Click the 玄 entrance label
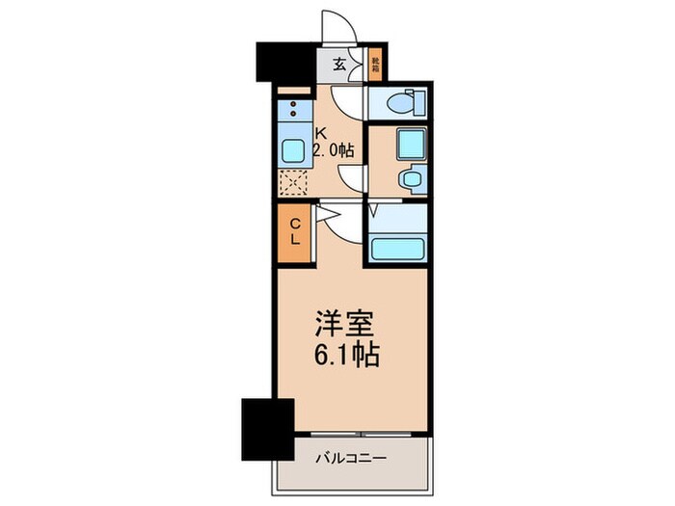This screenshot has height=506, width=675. pos(339,66)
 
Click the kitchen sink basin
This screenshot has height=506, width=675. pos(292,150)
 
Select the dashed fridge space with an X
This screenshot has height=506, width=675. pos(292,181)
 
